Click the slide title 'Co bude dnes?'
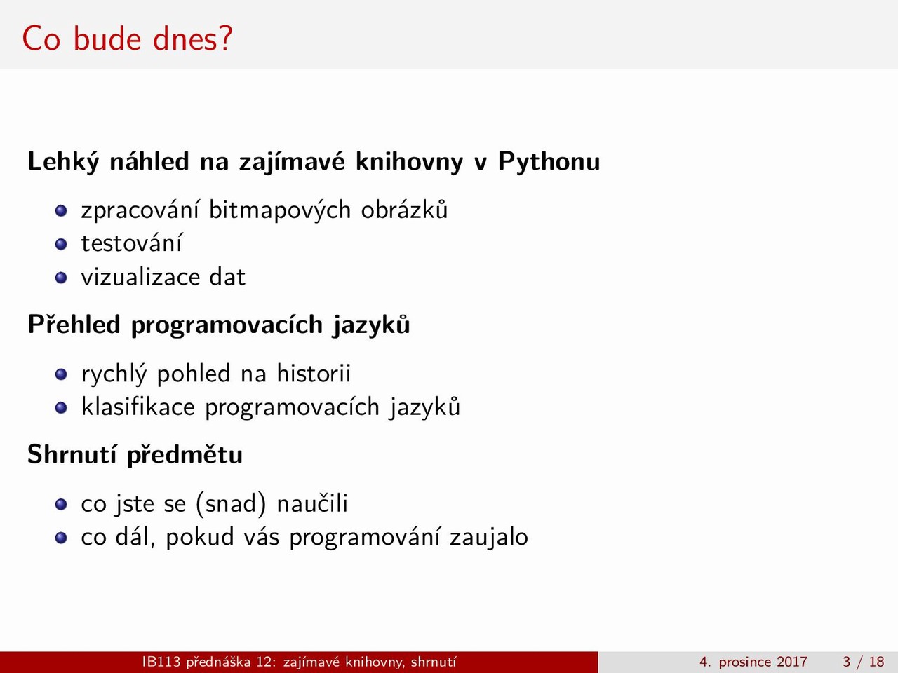click(127, 39)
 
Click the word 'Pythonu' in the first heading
click(549, 162)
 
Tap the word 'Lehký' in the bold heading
click(63, 162)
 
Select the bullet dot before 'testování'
click(61, 245)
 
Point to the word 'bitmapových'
click(280, 211)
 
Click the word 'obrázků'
click(404, 210)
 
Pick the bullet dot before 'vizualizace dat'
click(61, 278)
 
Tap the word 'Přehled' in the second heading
click(74, 325)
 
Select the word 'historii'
click(314, 373)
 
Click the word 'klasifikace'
click(138, 407)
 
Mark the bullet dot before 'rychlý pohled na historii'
click(61, 374)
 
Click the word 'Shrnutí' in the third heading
click(72, 454)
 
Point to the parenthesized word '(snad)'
click(231, 503)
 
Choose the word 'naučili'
click(312, 503)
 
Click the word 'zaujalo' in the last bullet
click(489, 537)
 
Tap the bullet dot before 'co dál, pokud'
click(61, 537)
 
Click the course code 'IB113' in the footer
click(161, 662)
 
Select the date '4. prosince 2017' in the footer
click(753, 662)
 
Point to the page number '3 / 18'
click(863, 662)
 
